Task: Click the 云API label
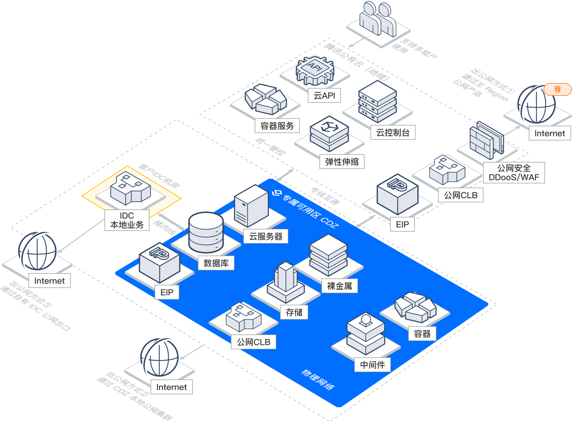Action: pos(324,96)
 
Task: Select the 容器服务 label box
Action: pos(277,126)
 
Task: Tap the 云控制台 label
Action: pos(393,133)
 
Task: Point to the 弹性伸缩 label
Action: pos(342,162)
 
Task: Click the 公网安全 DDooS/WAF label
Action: pos(514,172)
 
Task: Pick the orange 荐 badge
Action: pos(557,89)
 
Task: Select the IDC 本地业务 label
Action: pos(127,220)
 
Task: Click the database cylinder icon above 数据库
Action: pos(206,232)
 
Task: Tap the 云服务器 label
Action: pos(266,236)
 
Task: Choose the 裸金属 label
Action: pos(340,286)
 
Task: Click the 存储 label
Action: pos(294,312)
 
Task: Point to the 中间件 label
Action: pos(373,365)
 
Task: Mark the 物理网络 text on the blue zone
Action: pos(318,379)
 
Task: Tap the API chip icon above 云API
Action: pos(315,70)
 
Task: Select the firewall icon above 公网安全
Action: pos(487,141)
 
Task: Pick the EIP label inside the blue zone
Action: pos(167,292)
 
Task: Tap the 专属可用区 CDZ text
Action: pos(306,207)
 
